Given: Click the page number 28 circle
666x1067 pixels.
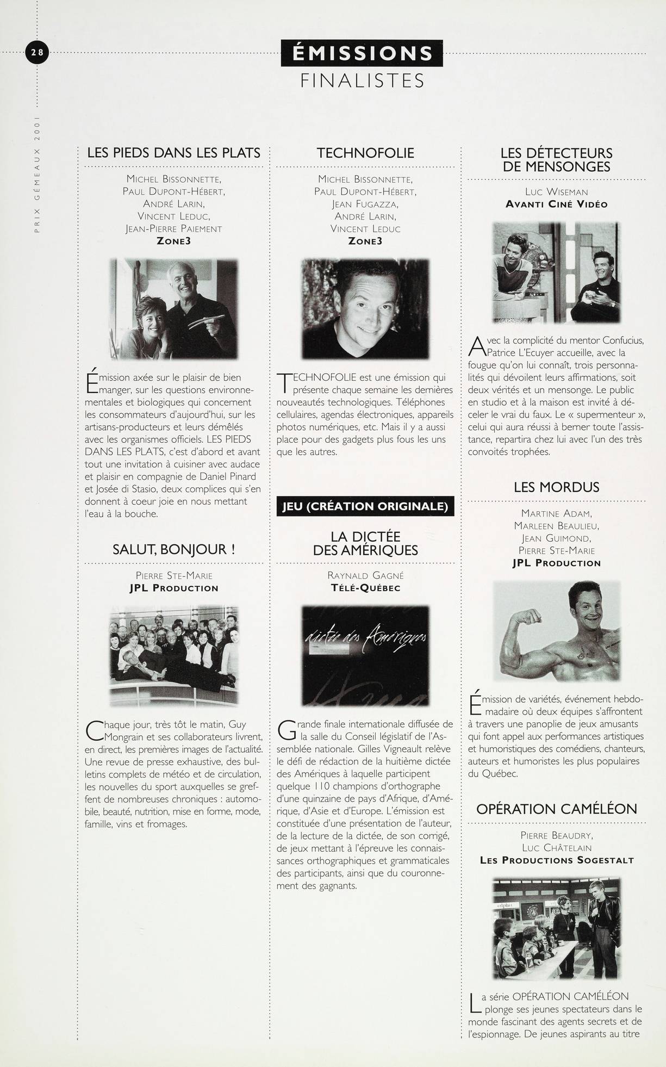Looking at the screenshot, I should point(38,53).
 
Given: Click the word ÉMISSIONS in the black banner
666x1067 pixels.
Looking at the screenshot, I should point(362,53).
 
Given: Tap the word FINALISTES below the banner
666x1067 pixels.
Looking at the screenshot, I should point(362,81).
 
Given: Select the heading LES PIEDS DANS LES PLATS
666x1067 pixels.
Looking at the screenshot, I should point(174,153).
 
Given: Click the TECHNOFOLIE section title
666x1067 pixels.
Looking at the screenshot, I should point(365,153).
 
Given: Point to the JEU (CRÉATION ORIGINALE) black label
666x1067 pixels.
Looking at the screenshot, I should point(365,506).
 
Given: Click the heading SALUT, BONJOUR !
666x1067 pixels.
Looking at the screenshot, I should point(174,549).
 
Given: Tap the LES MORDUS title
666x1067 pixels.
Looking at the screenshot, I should point(556,487).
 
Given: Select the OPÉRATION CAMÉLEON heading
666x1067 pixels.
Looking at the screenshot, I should point(556,809).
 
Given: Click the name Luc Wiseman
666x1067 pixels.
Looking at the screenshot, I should point(556,192).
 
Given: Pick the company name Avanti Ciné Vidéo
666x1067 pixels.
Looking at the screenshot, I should point(556,204).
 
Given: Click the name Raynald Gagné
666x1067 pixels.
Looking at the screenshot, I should point(365,575).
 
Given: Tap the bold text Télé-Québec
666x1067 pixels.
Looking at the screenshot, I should point(365,588).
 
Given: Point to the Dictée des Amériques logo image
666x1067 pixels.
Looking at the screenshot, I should point(365,655).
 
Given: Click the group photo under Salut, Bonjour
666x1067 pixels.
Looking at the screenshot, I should point(174,655).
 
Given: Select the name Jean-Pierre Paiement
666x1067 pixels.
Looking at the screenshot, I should point(174,229).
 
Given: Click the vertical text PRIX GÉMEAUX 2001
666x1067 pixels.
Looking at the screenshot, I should point(37,174).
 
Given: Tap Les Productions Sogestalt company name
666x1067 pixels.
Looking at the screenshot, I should point(556,860).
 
